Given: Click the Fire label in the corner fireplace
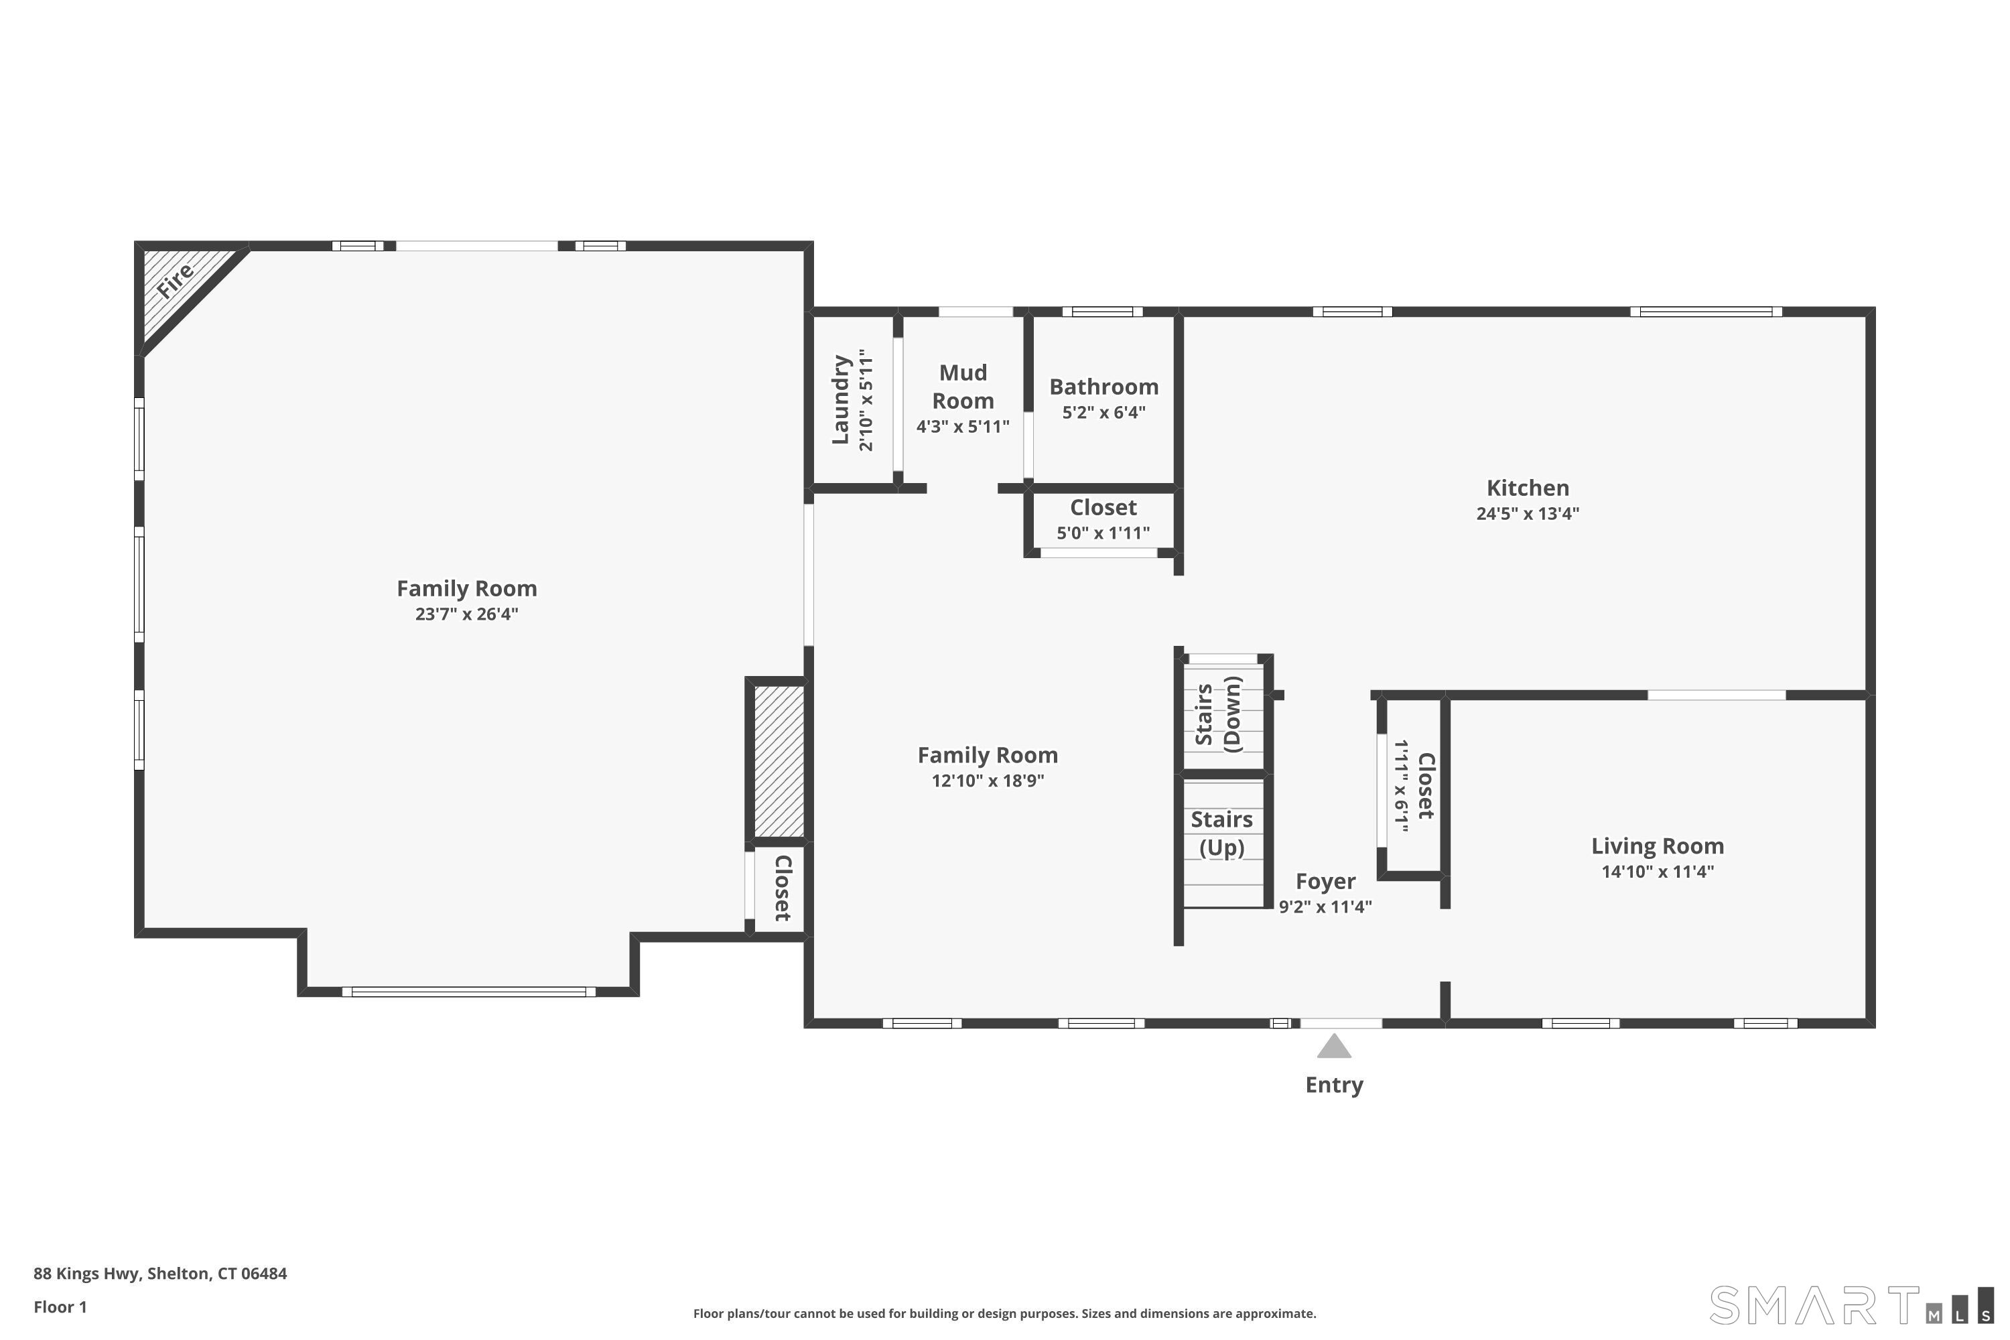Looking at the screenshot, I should [x=175, y=282].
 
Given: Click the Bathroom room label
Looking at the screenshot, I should [x=1103, y=387].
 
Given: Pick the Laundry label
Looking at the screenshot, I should [x=841, y=399].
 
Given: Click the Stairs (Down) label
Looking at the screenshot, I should [x=1218, y=714].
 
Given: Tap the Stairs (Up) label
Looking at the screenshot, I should [x=1221, y=833].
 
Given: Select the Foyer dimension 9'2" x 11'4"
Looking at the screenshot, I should [x=1325, y=907].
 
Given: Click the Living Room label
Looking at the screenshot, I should [x=1657, y=846].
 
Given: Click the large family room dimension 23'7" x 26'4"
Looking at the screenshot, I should [x=466, y=614].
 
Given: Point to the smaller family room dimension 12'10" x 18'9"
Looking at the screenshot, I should [x=987, y=781].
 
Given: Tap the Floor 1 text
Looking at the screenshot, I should [x=60, y=1306].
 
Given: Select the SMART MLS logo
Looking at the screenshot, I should [x=1850, y=1305].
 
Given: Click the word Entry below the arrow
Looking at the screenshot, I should [x=1333, y=1085].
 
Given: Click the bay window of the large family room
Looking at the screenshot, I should [x=468, y=992].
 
